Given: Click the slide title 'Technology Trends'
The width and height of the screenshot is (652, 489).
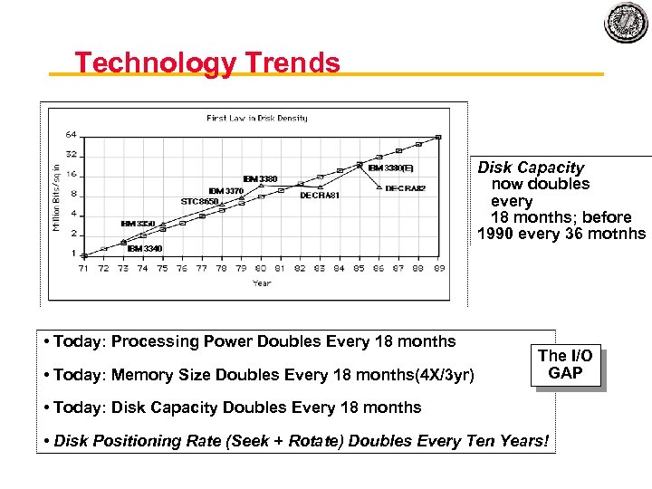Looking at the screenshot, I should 207,62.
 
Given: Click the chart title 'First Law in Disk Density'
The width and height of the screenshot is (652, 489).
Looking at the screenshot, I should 256,118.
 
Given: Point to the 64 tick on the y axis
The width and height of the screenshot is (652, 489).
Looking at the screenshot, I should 71,135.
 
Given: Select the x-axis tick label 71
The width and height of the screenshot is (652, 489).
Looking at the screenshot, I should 84,268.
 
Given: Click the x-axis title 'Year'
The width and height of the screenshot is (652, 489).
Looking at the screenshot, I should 261,283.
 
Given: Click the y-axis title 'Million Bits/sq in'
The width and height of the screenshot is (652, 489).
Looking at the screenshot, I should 56,196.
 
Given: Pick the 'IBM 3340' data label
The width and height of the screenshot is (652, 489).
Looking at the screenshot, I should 145,247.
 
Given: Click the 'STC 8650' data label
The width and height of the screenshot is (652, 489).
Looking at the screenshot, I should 200,201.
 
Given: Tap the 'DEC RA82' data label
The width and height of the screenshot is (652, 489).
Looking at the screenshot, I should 405,188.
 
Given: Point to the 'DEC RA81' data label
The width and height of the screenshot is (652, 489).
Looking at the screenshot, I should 320,195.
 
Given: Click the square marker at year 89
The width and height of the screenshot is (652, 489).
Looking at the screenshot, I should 438,138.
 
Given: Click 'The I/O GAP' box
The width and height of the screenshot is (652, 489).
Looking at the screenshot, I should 565,365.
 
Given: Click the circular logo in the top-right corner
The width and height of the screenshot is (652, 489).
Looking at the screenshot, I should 627,24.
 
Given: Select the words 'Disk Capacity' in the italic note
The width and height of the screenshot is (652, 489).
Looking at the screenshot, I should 531,168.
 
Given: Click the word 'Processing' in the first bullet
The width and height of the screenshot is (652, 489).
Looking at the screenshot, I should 155,341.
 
